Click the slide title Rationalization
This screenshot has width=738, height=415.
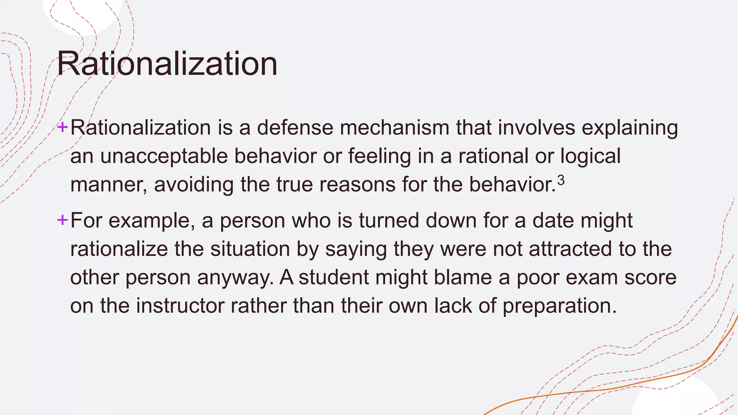pyautogui.click(x=167, y=64)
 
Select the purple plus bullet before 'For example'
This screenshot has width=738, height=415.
pyautogui.click(x=62, y=220)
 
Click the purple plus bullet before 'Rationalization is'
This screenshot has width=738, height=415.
pyautogui.click(x=62, y=127)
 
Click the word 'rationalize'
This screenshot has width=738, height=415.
pyautogui.click(x=119, y=249)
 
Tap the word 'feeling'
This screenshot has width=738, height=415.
pyautogui.click(x=379, y=156)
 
